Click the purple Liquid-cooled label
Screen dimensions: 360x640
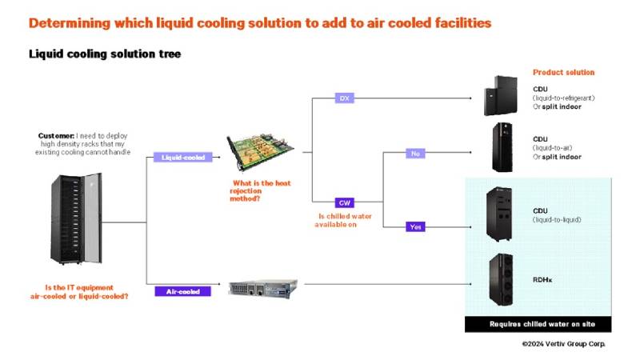[182, 158]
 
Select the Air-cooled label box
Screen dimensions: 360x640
[182, 291]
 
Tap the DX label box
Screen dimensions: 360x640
[344, 98]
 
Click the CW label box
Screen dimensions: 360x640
[344, 203]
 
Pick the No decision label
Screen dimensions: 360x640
[415, 153]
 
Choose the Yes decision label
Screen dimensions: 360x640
[415, 227]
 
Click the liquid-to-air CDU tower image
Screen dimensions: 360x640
[502, 147]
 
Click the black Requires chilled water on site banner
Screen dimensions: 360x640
[538, 324]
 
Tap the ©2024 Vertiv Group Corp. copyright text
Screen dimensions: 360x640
[563, 343]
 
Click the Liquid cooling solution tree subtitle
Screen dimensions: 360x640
[105, 54]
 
